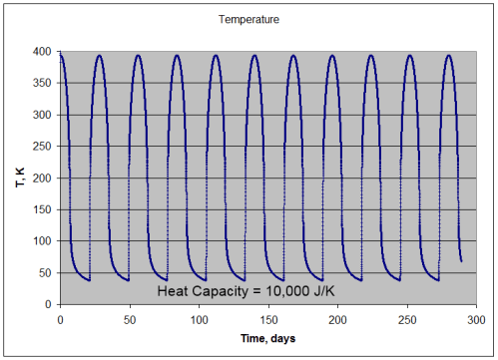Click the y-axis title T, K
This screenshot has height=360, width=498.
coord(17,178)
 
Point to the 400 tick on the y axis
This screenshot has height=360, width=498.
coord(43,51)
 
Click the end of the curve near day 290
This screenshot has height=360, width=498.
coord(461,261)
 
